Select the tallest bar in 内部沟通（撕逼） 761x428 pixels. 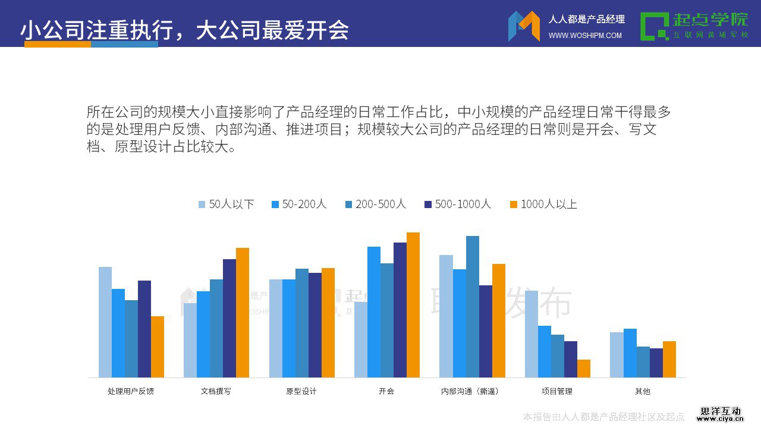tap(473, 306)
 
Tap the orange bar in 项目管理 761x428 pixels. tap(584, 369)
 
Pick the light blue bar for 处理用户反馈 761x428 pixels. tap(105, 322)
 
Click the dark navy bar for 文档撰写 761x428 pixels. tap(229, 318)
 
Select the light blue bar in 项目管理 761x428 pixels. tap(532, 333)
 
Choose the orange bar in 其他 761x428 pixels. tap(669, 359)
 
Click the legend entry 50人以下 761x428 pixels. tap(226, 204)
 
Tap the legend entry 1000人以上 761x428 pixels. tap(543, 204)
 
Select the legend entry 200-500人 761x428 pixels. tap(375, 204)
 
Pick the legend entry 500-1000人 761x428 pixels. tap(457, 204)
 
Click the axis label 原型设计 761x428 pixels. tap(301, 391)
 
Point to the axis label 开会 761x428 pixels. tap(386, 391)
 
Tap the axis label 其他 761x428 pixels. tap(643, 391)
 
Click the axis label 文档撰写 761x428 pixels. tap(216, 391)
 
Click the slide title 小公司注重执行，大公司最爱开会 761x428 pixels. tap(185, 30)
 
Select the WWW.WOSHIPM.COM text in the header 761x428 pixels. tap(585, 36)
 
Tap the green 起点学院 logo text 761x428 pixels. tap(710, 20)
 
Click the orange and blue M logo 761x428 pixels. tap(524, 26)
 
